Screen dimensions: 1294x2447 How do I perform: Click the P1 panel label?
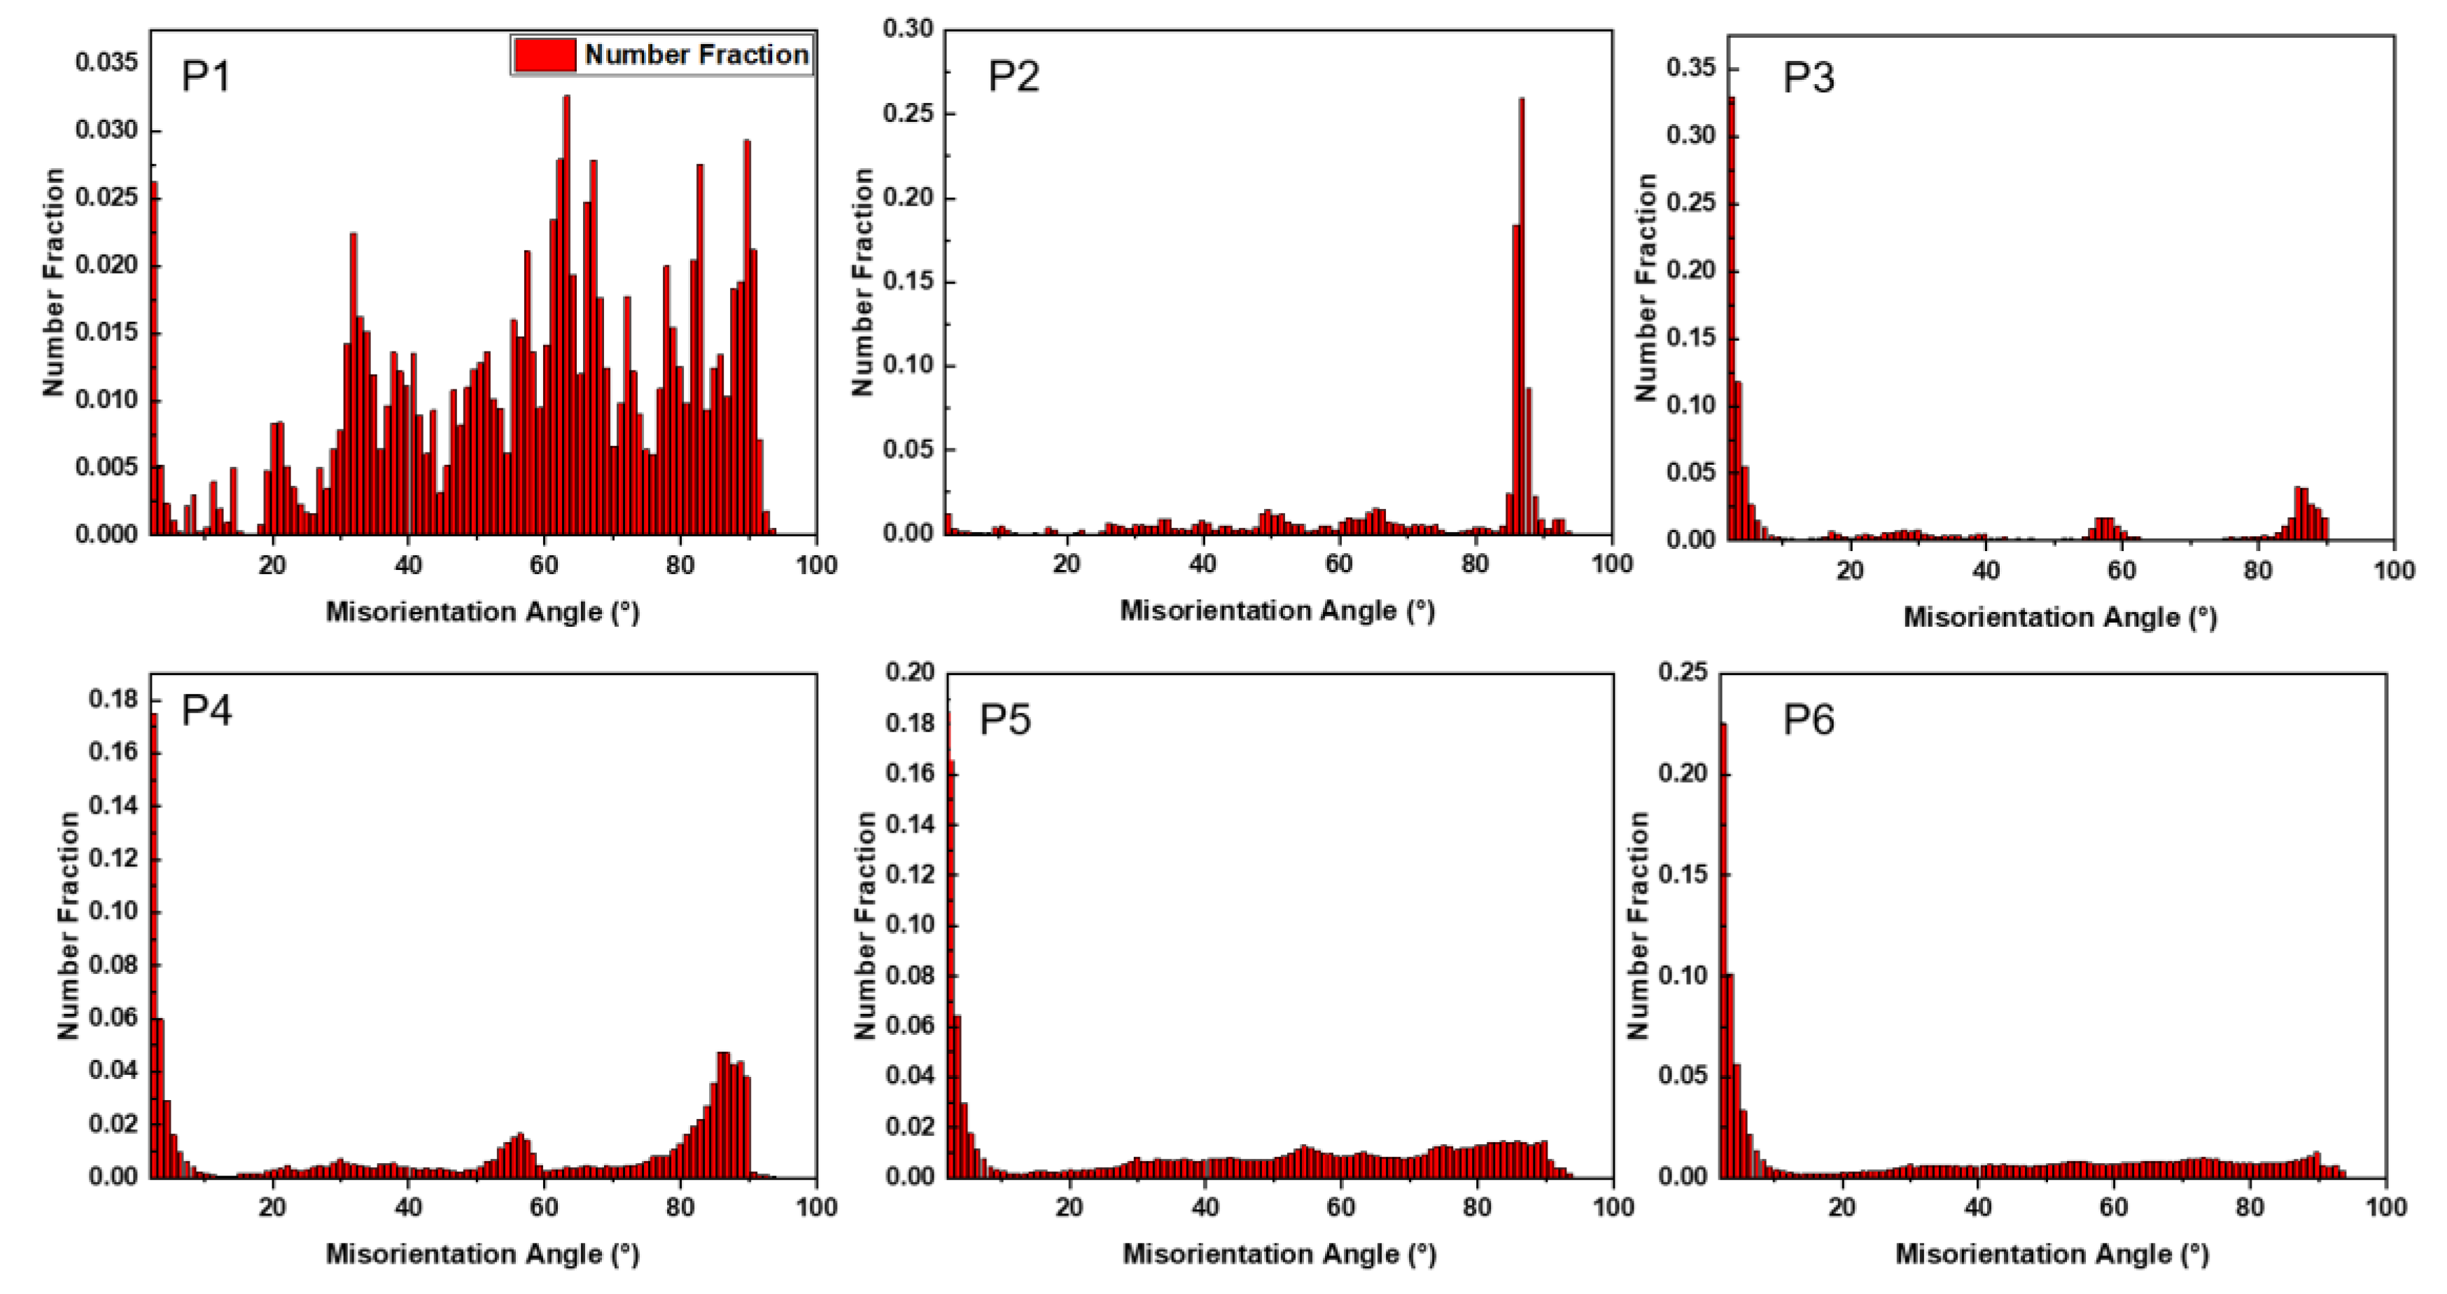point(205,76)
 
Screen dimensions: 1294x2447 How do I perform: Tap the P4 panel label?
point(206,710)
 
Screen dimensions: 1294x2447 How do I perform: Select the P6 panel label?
point(1808,719)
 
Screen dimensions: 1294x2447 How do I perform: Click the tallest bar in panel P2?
point(1522,314)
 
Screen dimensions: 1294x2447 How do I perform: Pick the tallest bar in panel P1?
point(566,314)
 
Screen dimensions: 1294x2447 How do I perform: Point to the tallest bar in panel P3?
point(1732,314)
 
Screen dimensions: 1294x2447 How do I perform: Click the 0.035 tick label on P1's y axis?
point(106,63)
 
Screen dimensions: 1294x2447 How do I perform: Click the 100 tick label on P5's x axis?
point(1612,1208)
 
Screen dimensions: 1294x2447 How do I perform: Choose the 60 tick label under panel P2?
point(1338,564)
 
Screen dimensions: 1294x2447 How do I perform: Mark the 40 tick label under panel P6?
point(1978,1208)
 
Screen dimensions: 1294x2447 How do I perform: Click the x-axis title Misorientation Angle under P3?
point(2059,618)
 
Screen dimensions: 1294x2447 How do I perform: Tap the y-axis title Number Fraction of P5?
point(864,924)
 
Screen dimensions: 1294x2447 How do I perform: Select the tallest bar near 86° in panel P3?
point(2297,513)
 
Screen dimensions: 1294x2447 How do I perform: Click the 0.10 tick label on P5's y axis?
point(909,924)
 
